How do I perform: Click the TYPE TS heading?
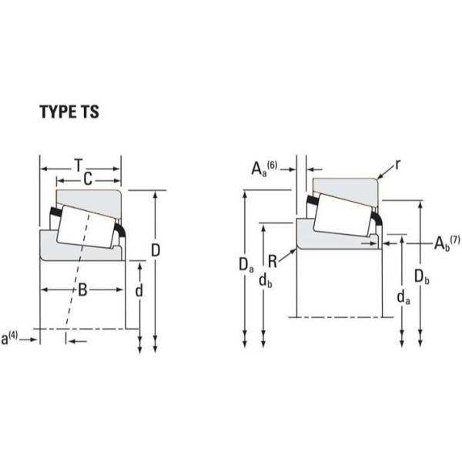point(69,112)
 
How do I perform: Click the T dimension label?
point(79,165)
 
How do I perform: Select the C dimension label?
point(87,179)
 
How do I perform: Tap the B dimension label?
point(82,290)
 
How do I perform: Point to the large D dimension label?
point(156,250)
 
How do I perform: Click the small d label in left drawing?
point(139,291)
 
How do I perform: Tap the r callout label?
point(398,165)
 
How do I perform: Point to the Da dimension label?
point(246,266)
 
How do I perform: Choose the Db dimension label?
point(421,275)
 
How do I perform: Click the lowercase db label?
point(266,282)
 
